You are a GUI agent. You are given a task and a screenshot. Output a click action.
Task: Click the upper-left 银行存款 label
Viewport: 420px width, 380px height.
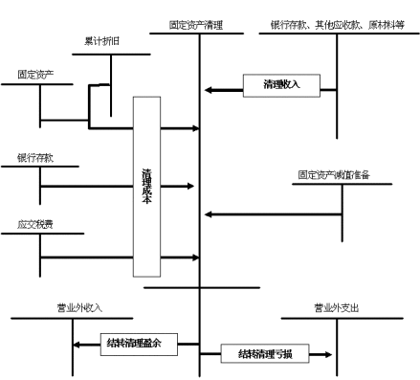coord(34,156)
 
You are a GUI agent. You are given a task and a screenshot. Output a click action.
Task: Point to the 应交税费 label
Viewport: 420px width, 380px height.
coord(34,225)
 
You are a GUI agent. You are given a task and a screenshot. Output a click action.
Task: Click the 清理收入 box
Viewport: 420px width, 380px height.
coord(281,85)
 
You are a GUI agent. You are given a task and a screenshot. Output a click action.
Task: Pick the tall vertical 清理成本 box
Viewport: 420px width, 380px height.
coord(146,186)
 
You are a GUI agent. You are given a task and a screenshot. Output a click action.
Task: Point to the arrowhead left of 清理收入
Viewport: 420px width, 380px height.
coord(210,91)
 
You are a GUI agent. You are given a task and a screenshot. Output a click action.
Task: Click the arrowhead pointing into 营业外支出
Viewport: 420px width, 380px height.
coord(328,354)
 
